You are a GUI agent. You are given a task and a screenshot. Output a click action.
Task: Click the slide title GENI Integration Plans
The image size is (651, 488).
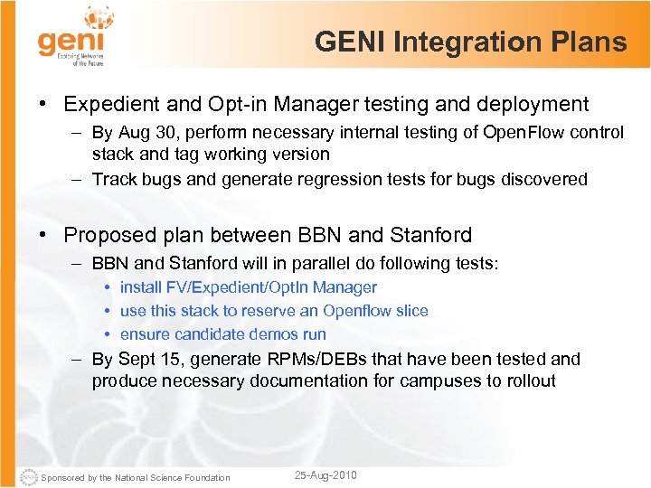(x=470, y=42)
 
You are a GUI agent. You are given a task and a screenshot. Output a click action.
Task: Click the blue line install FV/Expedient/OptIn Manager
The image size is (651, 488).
(x=249, y=287)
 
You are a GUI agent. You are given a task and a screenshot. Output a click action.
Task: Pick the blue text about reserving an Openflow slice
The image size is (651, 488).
(x=274, y=311)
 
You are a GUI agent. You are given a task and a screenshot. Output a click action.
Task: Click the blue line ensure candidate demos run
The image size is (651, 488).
(x=223, y=334)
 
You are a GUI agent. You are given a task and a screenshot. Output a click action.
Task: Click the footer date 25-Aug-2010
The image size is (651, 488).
(x=325, y=475)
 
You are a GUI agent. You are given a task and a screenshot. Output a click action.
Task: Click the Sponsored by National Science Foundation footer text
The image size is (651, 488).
(x=136, y=477)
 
